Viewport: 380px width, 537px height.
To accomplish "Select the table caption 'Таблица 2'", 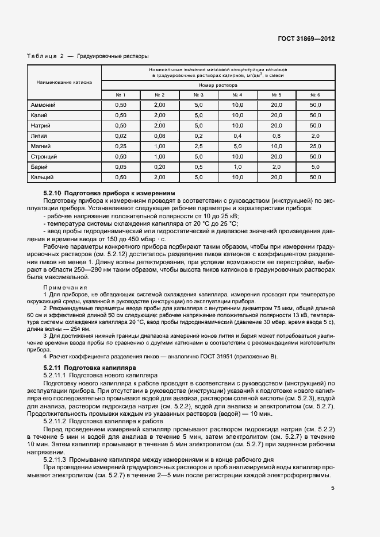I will [x=45, y=56].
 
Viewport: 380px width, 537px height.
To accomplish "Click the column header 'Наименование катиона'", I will [x=64, y=82].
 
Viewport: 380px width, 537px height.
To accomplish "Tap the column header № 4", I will [x=237, y=95].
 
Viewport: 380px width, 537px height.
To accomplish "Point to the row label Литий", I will [x=39, y=136].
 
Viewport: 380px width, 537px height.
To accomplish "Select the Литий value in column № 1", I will [x=120, y=136].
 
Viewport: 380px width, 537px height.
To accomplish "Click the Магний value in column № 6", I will [x=315, y=146].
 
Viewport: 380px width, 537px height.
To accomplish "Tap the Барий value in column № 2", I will [x=159, y=167].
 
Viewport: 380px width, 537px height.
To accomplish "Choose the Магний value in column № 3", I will [x=198, y=146].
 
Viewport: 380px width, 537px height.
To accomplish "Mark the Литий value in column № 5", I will [x=276, y=136].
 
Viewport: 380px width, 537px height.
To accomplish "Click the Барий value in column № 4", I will [x=237, y=167].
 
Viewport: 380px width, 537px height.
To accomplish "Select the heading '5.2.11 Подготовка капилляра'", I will [x=89, y=366].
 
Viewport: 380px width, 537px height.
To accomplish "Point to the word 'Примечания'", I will [x=65, y=287].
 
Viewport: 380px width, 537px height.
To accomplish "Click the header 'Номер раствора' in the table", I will [x=218, y=84].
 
